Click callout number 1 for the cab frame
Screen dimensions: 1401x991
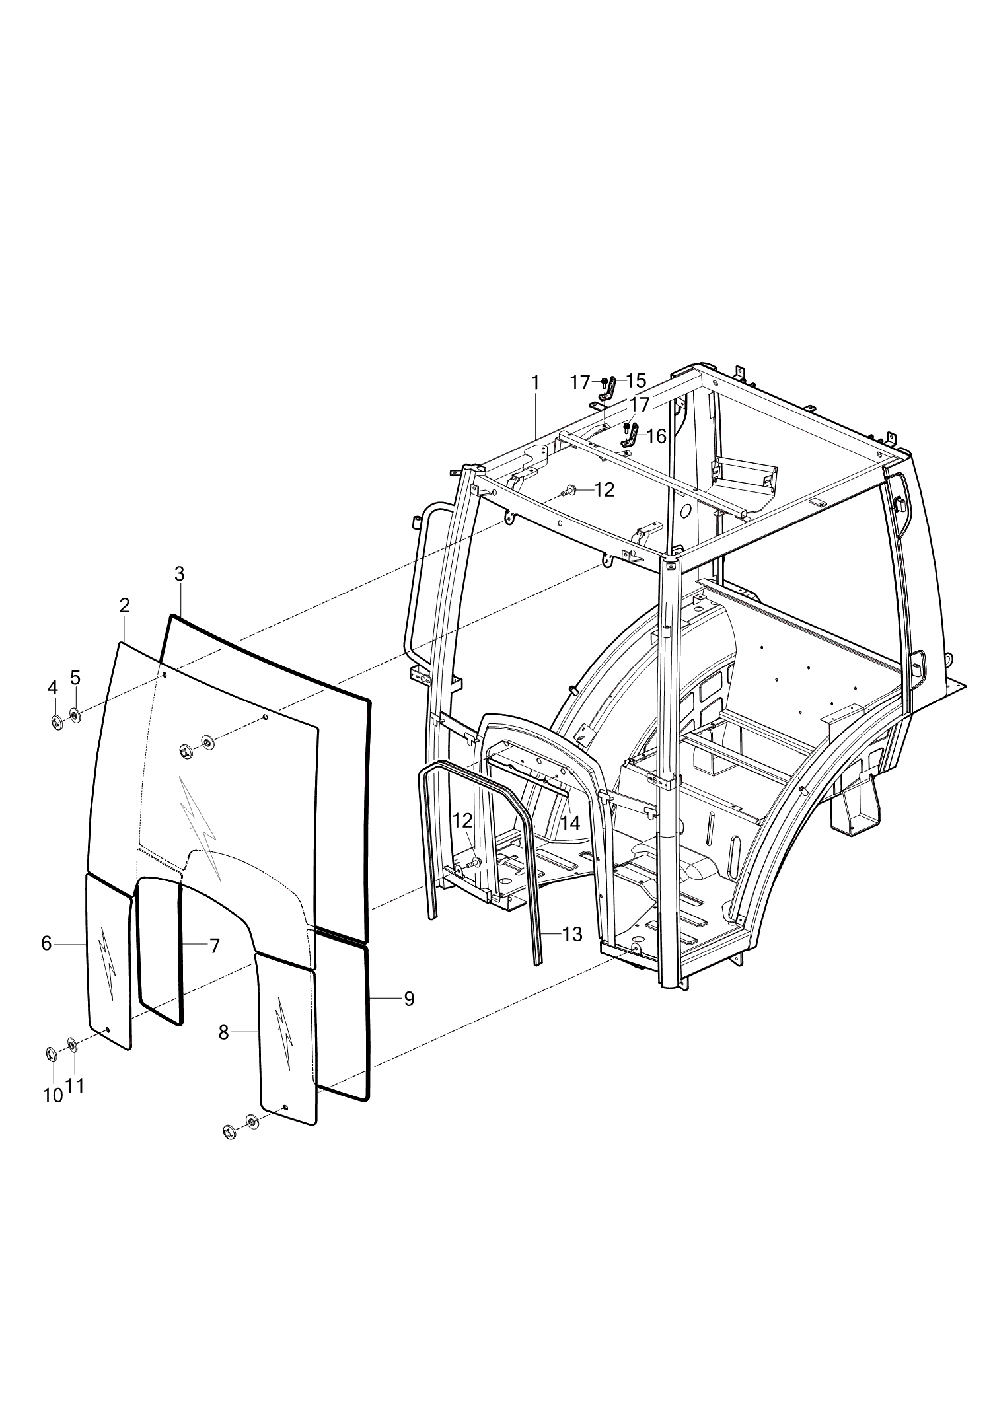click(535, 382)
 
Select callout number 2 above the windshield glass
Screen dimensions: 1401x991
click(124, 605)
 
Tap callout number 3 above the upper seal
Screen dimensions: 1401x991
click(180, 573)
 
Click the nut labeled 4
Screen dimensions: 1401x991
click(57, 723)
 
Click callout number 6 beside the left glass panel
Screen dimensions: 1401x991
click(46, 943)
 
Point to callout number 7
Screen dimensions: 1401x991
click(214, 946)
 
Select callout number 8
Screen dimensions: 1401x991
click(224, 1032)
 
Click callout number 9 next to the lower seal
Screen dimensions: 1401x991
click(409, 999)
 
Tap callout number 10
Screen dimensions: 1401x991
click(53, 1095)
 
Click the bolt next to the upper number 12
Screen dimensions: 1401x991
click(569, 490)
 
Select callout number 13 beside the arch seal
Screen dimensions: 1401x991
click(572, 934)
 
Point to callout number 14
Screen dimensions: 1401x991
click(570, 823)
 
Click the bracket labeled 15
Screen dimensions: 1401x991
click(610, 388)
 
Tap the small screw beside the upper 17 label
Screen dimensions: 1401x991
click(604, 382)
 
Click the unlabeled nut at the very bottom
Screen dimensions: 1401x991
click(229, 1133)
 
